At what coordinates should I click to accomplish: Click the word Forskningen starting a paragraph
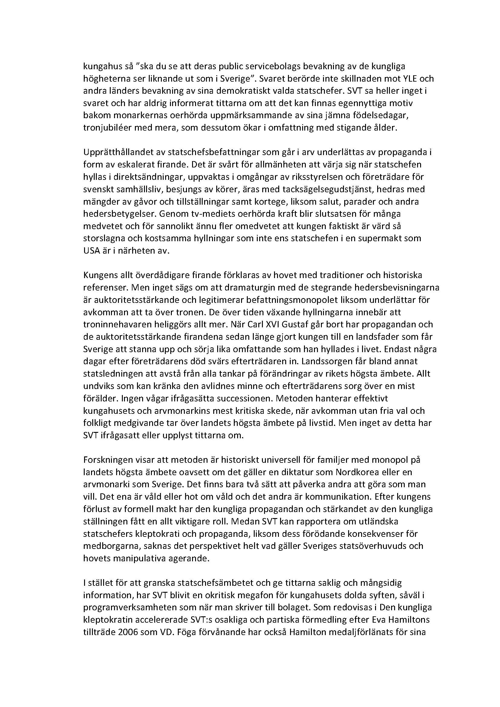[105, 460]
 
